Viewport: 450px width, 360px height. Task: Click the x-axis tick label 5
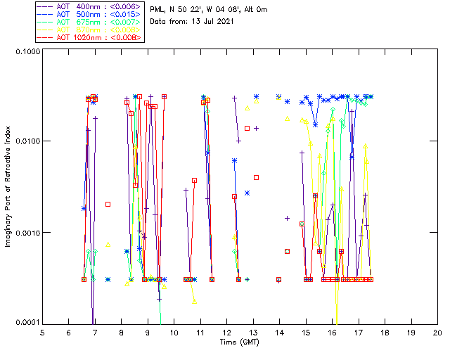[x=43, y=333]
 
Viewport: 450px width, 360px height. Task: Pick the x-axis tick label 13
[x=253, y=333]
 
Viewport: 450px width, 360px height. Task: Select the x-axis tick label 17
[x=359, y=333]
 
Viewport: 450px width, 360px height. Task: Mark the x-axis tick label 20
[x=437, y=333]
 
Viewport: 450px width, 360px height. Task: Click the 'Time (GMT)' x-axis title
[x=239, y=342]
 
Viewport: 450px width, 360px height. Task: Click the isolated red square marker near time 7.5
[x=108, y=204]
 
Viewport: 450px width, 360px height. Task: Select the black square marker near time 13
[x=256, y=177]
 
